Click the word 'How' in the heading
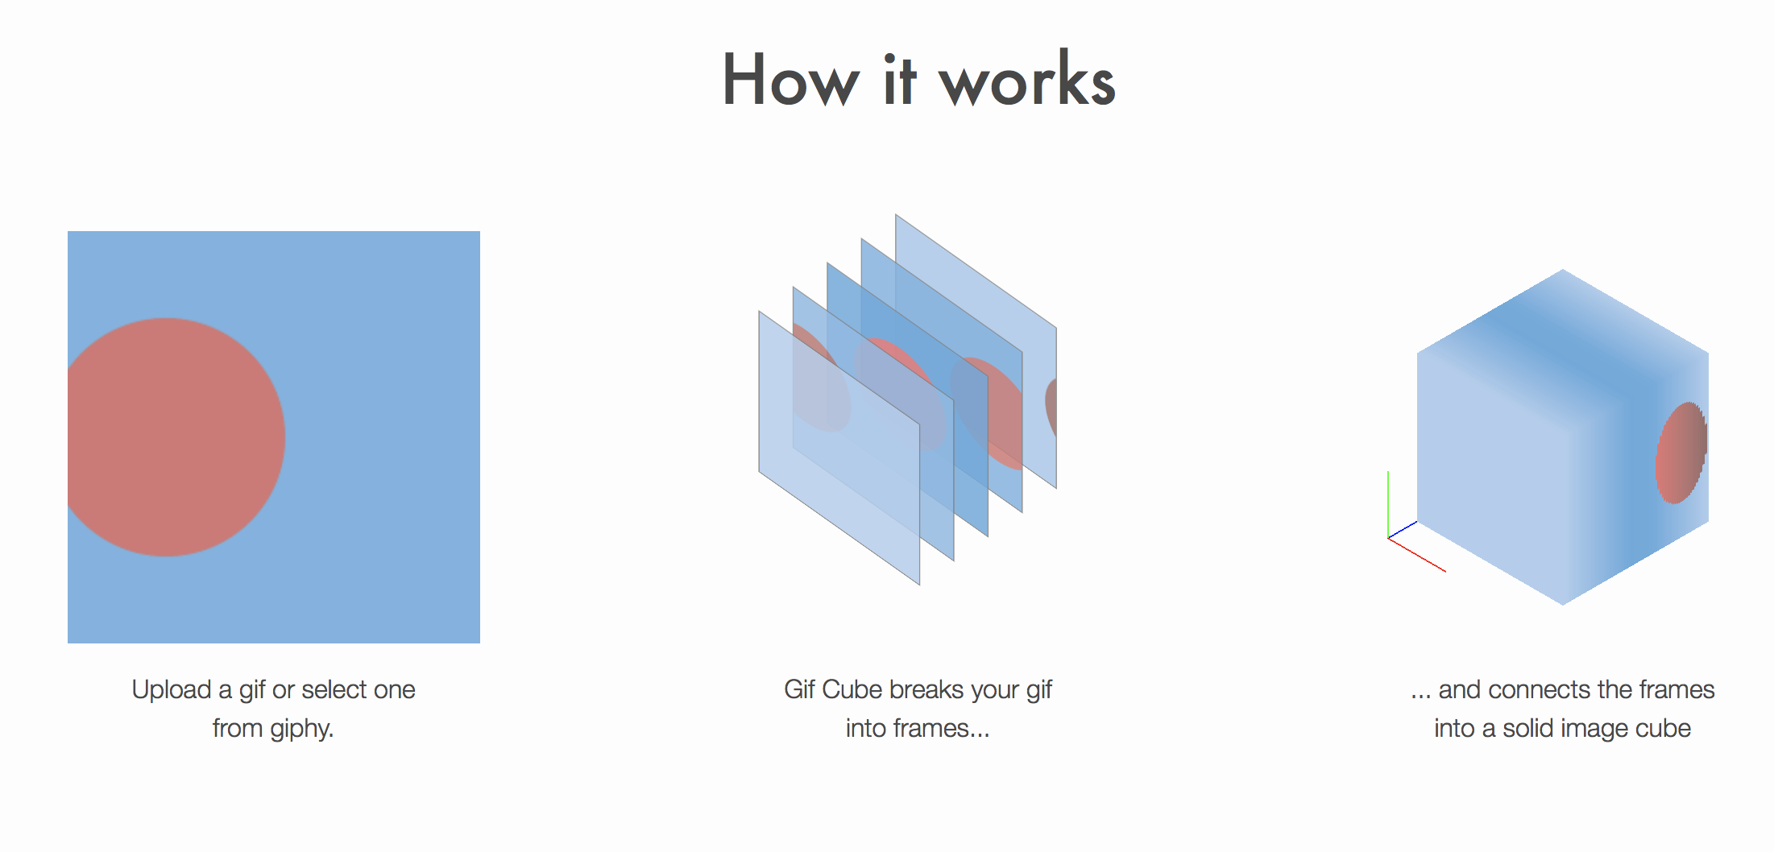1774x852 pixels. (x=790, y=81)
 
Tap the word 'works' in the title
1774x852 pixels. (x=1027, y=81)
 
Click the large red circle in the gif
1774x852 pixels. (x=173, y=437)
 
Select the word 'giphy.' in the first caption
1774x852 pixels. (x=301, y=728)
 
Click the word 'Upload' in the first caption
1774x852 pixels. (x=171, y=689)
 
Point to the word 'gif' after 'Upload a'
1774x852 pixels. (x=252, y=690)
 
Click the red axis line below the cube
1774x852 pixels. (x=1418, y=556)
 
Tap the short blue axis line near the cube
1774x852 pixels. (x=1403, y=530)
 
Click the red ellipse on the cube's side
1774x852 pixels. (x=1680, y=453)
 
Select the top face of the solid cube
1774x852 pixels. (x=1563, y=338)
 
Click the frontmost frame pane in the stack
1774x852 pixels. (x=838, y=483)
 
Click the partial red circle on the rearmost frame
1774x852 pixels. (x=1051, y=407)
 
